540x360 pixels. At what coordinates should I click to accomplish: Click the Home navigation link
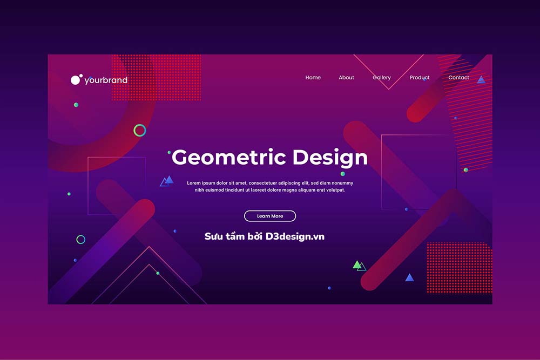coord(313,77)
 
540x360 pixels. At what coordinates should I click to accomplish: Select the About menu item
coord(346,77)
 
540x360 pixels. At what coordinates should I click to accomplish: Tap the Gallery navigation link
coord(382,78)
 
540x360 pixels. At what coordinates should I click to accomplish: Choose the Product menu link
coord(420,77)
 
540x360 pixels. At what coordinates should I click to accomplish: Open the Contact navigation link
coord(458,77)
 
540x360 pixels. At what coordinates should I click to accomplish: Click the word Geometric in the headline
coord(228,158)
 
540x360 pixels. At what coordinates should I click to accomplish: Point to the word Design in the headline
coord(330,158)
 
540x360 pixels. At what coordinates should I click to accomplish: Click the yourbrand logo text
coord(106,80)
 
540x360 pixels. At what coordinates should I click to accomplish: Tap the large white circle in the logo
coord(76,80)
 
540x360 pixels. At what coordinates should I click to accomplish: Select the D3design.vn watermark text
coord(295,236)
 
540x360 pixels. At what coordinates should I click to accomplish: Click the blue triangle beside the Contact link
coord(481,80)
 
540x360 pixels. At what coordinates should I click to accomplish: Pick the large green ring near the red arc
coord(140,131)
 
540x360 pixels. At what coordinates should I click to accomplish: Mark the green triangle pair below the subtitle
coord(359,266)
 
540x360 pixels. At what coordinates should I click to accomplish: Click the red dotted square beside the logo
coord(157,77)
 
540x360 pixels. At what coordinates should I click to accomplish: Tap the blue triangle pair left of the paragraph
coord(167,181)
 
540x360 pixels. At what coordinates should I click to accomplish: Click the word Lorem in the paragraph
coord(193,183)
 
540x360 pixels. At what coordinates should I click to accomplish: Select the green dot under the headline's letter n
coord(343,174)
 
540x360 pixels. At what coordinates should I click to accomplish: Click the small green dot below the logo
coord(76,105)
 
